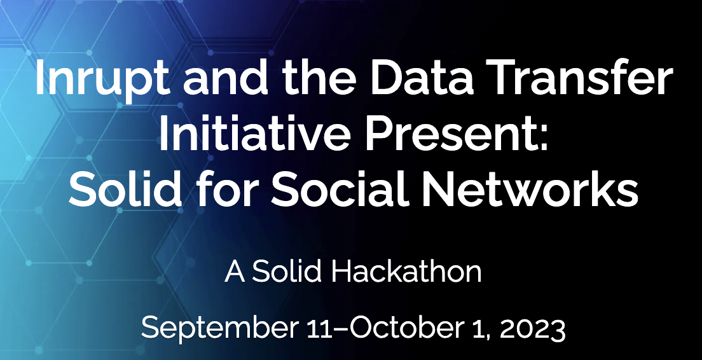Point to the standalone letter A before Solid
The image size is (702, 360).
[x=234, y=272]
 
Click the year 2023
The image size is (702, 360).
[x=528, y=329]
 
